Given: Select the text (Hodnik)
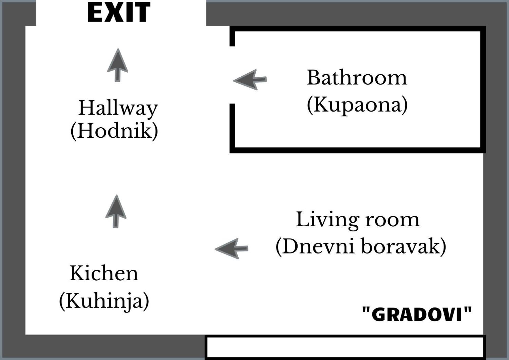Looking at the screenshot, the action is pos(114,131).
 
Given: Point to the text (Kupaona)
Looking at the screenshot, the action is pos(357,105).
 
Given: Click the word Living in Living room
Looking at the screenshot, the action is pos(328,220).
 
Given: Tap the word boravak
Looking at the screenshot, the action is pos(404,246).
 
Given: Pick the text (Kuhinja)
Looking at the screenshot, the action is pos(104,300).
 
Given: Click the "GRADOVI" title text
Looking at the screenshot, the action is pos(417,314).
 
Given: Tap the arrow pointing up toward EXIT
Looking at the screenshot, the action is pos(118,65).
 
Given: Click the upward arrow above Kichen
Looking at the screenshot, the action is pos(116,211).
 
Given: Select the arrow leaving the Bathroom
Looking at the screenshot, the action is pos(250,80).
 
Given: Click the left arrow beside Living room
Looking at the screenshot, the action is pos(231,249).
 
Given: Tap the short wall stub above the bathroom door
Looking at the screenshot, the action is pos(232,36).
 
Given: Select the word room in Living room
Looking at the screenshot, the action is pos(392,220).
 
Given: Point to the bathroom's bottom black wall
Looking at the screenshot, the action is pos(358,150).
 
